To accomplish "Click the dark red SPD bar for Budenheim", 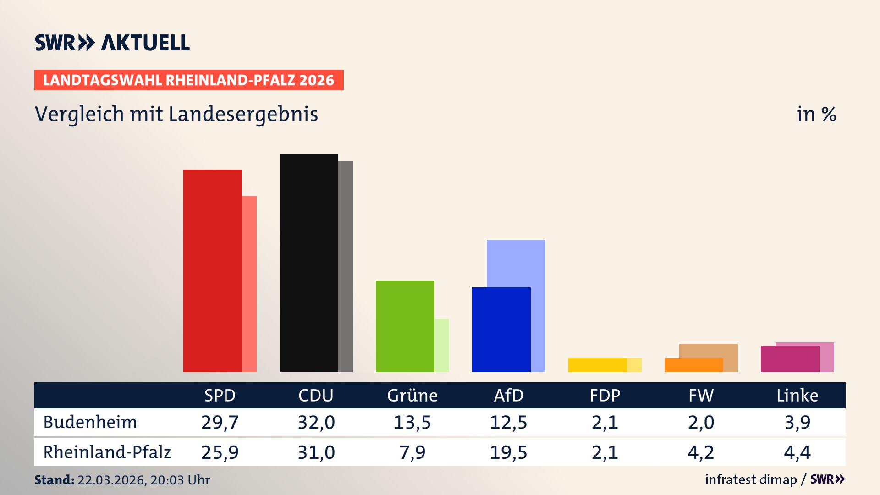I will [x=212, y=270].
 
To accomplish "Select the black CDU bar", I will [x=308, y=263].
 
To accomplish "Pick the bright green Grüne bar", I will [x=405, y=326].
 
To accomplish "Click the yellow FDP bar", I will [x=597, y=365].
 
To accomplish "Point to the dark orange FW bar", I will [x=693, y=365].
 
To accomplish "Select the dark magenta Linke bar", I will [x=790, y=359].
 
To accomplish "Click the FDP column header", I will [x=605, y=395].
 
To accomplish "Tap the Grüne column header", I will [x=412, y=395].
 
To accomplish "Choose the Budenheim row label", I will [x=90, y=422].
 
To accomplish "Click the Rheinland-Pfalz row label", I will [x=107, y=452].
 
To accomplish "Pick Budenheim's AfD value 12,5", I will [x=508, y=422].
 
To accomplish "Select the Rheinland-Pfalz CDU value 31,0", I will [x=316, y=452].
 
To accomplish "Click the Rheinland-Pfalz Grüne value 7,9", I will [x=412, y=452].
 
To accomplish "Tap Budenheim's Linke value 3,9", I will [x=797, y=422].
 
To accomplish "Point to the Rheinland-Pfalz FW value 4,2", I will [x=701, y=452].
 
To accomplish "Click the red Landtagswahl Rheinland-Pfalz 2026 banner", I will [x=189, y=80].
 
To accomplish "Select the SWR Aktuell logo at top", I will [x=112, y=43].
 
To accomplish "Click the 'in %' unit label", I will [x=816, y=114].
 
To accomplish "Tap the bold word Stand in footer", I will [x=54, y=480].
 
